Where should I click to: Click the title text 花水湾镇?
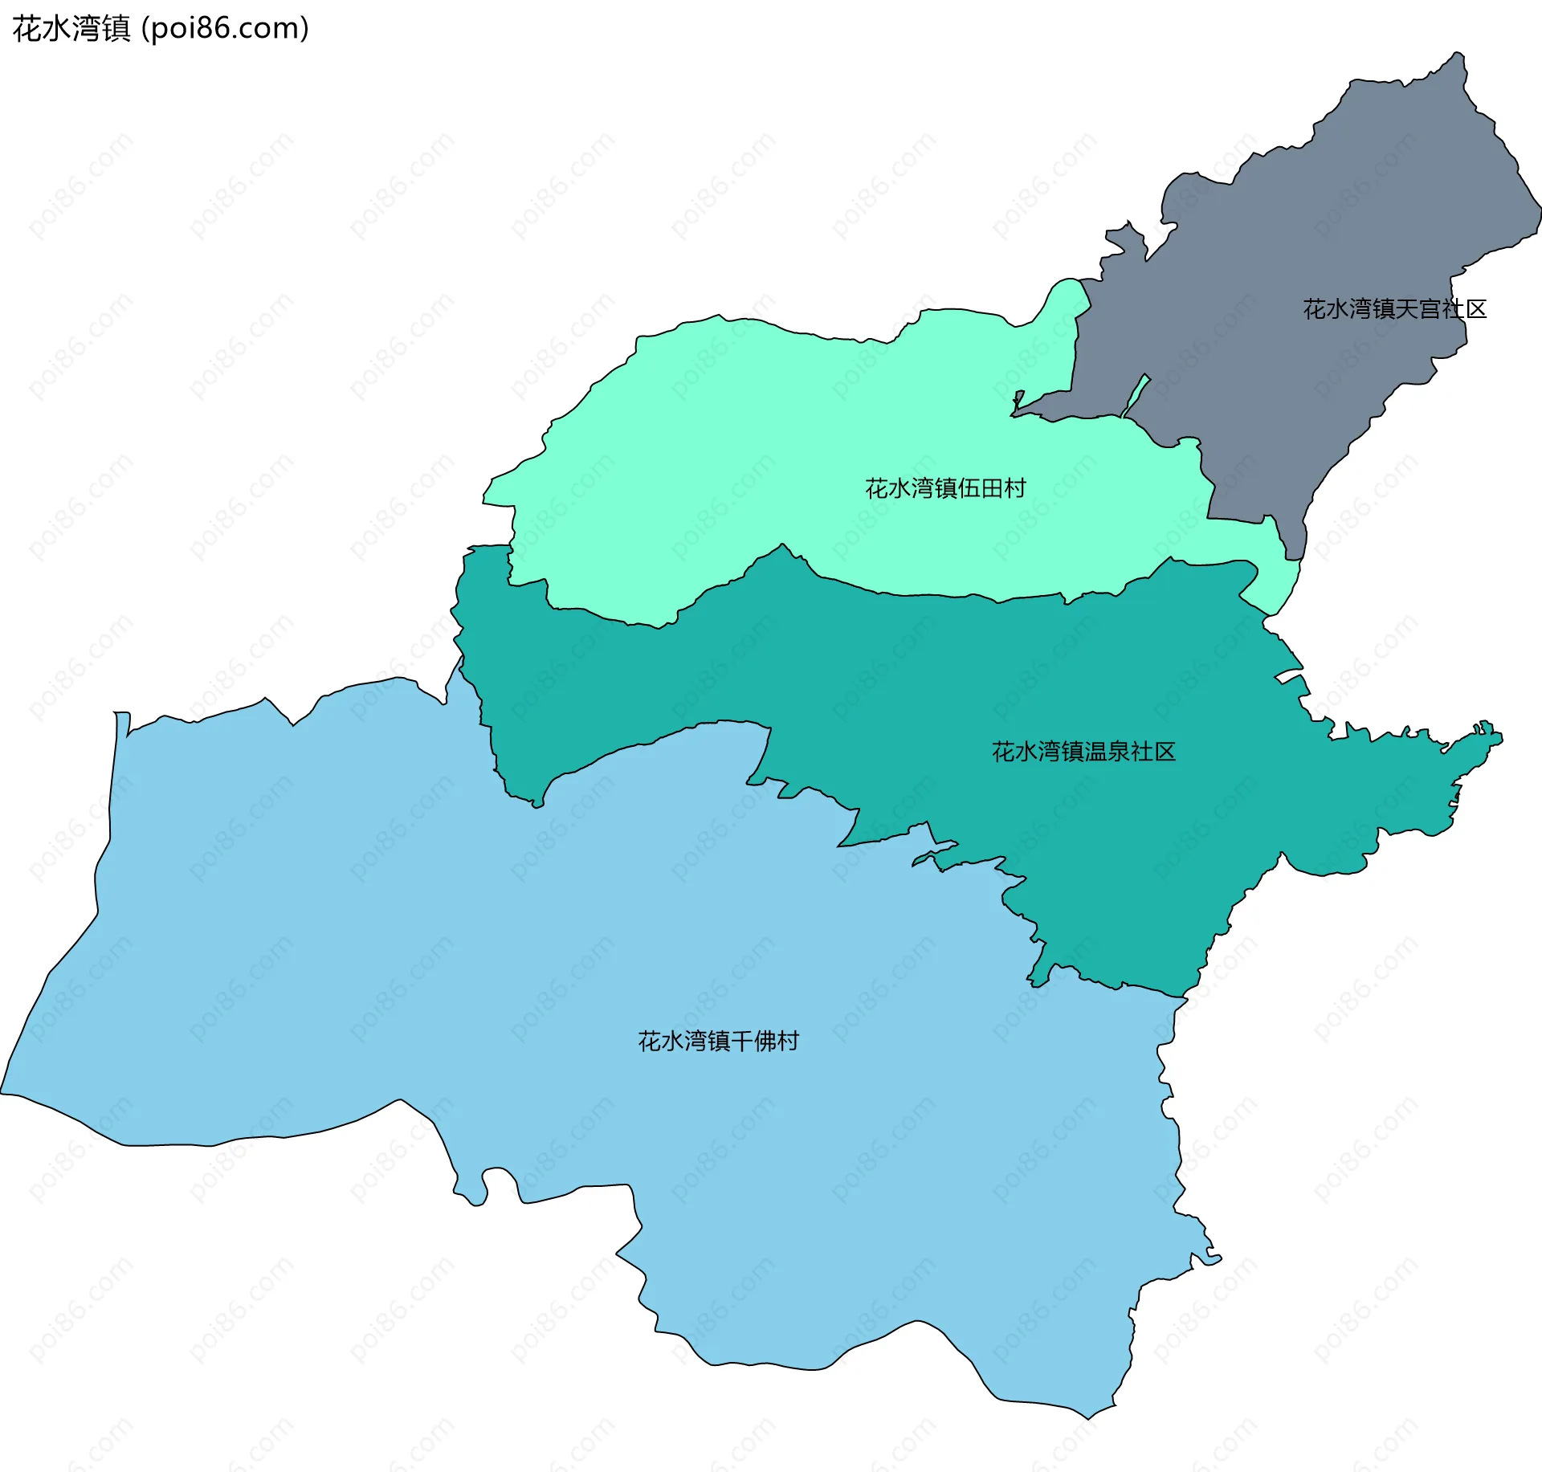point(71,29)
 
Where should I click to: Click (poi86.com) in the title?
point(225,29)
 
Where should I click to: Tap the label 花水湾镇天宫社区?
point(1394,309)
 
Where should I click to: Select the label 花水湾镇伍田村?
point(945,488)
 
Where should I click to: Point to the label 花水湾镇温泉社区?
point(1083,752)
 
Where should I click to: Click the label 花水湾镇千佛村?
point(718,1042)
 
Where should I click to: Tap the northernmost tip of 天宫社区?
point(1458,54)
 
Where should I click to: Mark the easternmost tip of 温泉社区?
point(1500,738)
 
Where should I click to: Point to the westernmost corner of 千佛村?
point(2,1092)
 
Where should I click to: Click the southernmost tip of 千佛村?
point(1090,1418)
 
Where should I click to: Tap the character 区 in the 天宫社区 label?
point(1476,309)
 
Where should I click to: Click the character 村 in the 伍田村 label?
point(1016,488)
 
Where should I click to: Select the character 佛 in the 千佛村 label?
point(765,1042)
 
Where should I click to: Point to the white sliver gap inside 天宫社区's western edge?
point(1136,394)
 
